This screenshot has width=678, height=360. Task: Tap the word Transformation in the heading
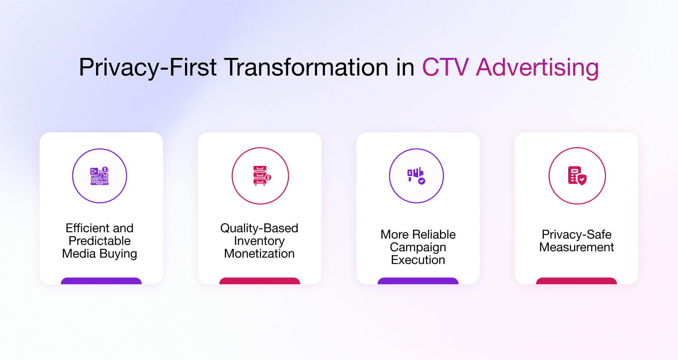tap(306, 67)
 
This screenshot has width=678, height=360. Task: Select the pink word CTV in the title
tap(445, 67)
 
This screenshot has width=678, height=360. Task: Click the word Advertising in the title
tap(537, 67)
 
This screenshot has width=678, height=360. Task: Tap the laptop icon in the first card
tap(100, 176)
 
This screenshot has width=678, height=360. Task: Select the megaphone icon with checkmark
tap(416, 176)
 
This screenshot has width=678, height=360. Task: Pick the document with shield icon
tap(577, 176)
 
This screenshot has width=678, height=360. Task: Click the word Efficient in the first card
tap(85, 228)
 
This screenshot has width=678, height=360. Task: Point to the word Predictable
tap(100, 241)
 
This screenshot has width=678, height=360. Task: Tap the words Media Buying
tap(100, 253)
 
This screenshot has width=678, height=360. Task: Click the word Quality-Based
tap(259, 228)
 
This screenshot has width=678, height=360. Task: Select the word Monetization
tap(259, 253)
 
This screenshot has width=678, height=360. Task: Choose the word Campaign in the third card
tap(418, 247)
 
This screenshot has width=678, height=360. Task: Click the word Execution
tap(418, 260)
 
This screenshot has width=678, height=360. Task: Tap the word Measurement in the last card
tap(576, 247)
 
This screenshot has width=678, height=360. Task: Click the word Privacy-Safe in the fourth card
tap(576, 234)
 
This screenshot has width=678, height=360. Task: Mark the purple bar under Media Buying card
tap(101, 281)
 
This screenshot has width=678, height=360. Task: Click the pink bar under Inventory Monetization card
tap(260, 281)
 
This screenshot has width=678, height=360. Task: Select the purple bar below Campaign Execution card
tap(418, 281)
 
